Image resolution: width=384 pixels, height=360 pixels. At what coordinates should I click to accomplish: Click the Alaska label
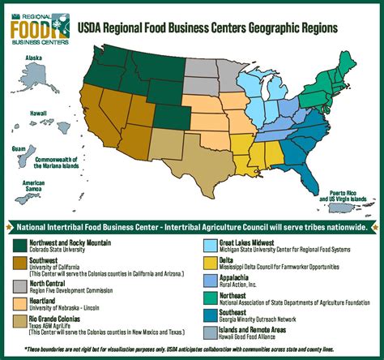point(33,58)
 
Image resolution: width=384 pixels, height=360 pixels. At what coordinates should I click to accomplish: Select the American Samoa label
point(33,186)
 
